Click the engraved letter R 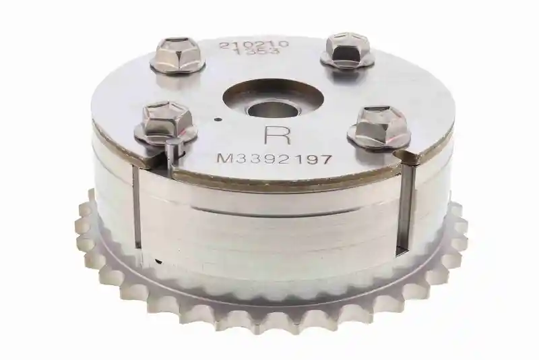278,135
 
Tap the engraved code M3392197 275,159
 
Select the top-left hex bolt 177,57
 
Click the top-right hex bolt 347,50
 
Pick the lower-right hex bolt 379,129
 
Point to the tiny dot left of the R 217,119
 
